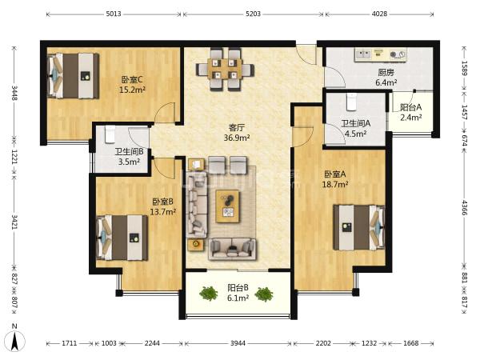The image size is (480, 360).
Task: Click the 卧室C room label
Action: click(132, 80)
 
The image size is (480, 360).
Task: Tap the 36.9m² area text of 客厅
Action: click(237, 138)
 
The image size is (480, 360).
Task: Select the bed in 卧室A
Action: click(359, 227)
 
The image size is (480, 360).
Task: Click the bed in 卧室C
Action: click(74, 76)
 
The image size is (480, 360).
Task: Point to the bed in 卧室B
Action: click(122, 238)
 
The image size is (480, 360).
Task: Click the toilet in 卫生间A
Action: click(351, 102)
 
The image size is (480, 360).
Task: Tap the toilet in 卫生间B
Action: click(110, 134)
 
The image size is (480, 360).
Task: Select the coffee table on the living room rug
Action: click(228, 206)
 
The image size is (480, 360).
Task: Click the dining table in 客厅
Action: click(225, 69)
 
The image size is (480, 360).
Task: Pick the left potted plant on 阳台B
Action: click(209, 294)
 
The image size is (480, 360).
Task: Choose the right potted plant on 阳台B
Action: click(263, 294)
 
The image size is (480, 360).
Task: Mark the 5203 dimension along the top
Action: click(253, 14)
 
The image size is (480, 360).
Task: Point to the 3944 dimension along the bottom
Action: click(238, 343)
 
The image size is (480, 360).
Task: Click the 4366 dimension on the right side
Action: click(465, 207)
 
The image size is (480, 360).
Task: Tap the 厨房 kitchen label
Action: click(386, 73)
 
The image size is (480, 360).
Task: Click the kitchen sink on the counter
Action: click(363, 54)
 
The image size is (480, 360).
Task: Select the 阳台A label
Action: click(411, 107)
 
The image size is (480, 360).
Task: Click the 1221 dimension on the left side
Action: click(14, 156)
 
